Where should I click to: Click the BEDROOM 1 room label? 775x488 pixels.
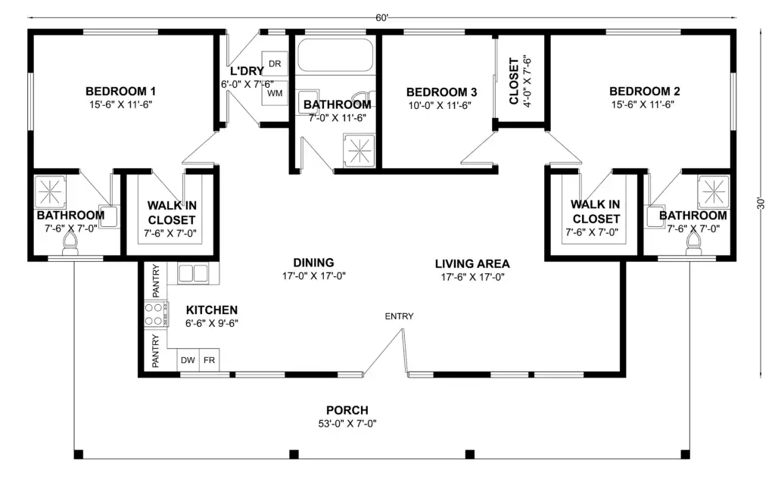(120, 92)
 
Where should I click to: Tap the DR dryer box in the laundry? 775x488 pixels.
(274, 64)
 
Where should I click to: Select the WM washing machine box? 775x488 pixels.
(274, 93)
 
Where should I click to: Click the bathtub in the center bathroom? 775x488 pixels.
(335, 55)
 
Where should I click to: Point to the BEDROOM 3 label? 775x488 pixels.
(441, 92)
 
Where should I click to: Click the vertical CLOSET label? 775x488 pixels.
(514, 82)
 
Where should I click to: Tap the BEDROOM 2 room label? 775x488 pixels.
(645, 92)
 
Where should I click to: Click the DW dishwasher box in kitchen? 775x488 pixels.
(188, 360)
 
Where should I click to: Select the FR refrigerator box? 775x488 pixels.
(209, 360)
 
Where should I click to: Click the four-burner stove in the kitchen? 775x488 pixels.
(156, 314)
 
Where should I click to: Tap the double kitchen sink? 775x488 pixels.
(193, 273)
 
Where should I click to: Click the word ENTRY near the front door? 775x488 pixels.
(400, 316)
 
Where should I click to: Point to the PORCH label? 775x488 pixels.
(347, 411)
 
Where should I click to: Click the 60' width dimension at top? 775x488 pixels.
(381, 18)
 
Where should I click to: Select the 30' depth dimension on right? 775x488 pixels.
(761, 204)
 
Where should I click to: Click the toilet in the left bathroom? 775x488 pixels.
(70, 244)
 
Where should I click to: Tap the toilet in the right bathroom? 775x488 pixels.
(694, 244)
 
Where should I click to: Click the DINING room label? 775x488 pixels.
(313, 263)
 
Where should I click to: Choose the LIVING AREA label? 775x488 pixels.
(472, 264)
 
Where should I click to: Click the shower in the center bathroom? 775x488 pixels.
(359, 149)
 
